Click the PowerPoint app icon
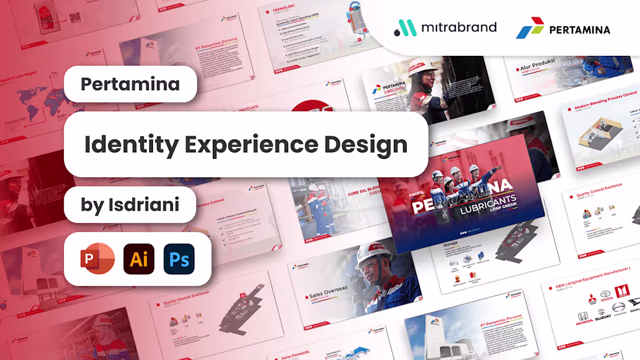[x=98, y=258]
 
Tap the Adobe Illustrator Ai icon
[x=138, y=259]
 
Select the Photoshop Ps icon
[x=179, y=259]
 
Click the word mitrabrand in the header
[x=459, y=27]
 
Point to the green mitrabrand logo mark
[x=406, y=28]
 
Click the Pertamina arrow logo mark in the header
[x=530, y=28]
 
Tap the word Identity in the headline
[x=131, y=144]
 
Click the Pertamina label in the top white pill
[x=130, y=84]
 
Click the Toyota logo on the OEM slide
[x=606, y=296]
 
